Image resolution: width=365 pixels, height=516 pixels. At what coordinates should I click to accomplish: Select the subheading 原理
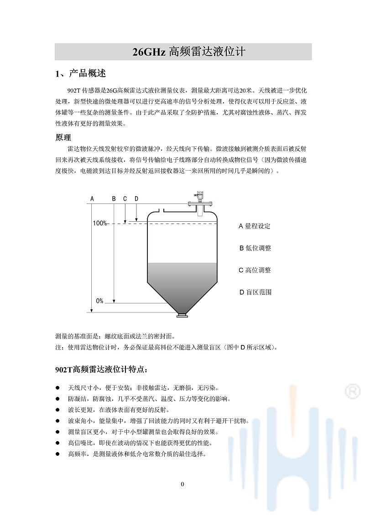click(63, 137)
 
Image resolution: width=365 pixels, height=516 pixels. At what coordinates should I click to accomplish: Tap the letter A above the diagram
click(92, 198)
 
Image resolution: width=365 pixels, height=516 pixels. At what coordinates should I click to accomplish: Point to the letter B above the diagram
click(114, 198)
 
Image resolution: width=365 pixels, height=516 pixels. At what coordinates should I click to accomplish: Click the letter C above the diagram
click(125, 198)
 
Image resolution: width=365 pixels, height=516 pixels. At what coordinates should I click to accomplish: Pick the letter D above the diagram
click(136, 198)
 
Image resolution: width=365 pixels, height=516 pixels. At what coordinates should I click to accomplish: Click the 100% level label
click(99, 223)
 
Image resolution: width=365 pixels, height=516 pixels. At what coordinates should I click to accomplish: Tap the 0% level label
click(99, 301)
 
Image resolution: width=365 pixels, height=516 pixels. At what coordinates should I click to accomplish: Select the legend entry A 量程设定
click(255, 226)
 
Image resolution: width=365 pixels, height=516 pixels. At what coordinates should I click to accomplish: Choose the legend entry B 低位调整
click(255, 248)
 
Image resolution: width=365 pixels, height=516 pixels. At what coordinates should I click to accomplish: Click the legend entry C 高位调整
click(255, 270)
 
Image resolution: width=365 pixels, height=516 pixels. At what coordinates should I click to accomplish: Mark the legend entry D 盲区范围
click(255, 292)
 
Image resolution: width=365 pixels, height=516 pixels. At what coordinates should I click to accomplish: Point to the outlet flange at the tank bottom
click(182, 314)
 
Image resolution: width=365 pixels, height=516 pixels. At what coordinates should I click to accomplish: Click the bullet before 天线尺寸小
click(58, 387)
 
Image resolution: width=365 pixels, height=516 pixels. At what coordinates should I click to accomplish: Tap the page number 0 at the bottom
click(182, 484)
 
